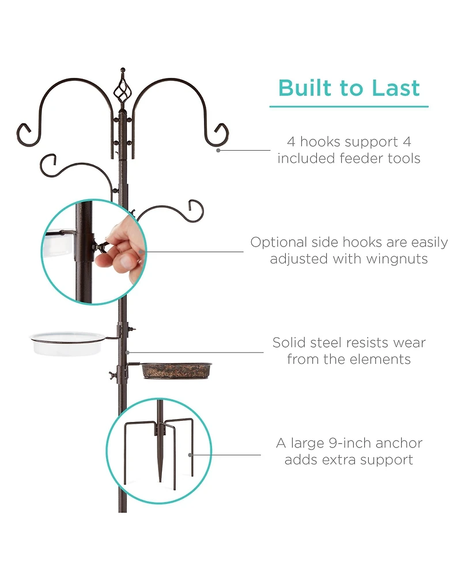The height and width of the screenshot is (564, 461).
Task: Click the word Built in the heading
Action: pyautogui.click(x=308, y=88)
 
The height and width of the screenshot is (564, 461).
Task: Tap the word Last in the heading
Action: pyautogui.click(x=395, y=88)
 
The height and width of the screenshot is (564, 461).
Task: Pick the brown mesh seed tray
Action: pyautogui.click(x=176, y=369)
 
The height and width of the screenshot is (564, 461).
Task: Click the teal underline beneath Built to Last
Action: pyautogui.click(x=349, y=107)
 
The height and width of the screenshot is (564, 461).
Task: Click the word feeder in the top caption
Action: pyautogui.click(x=345, y=158)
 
